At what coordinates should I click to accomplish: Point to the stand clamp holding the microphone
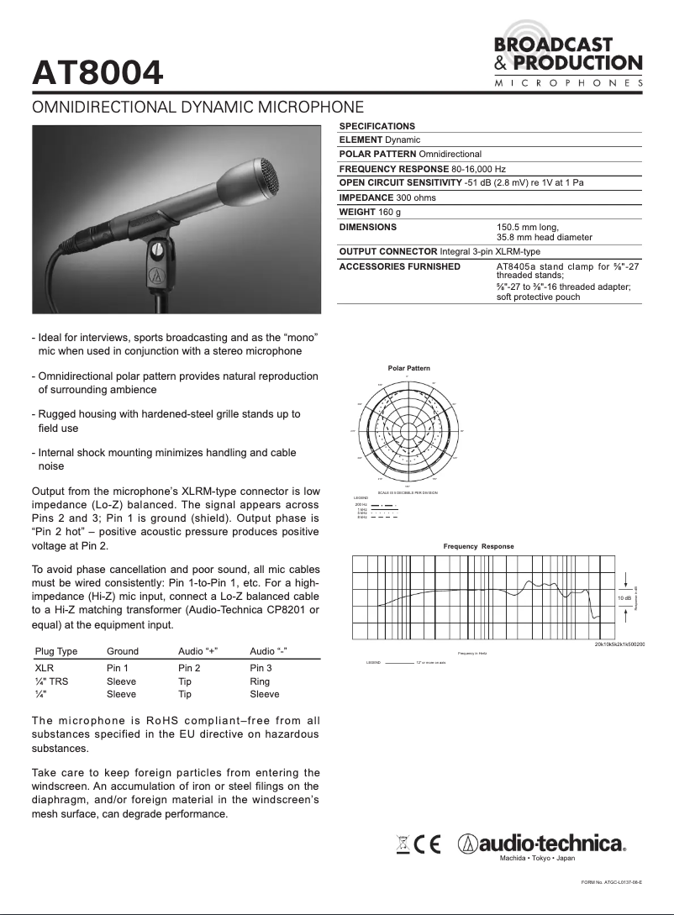158,260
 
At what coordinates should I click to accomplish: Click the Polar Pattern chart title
408,369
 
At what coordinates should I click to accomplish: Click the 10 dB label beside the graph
624,597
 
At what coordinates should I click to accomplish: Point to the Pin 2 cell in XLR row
189,668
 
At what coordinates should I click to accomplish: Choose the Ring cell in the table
260,681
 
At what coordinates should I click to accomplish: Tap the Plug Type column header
55,651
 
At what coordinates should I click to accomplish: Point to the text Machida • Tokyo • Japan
537,858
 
